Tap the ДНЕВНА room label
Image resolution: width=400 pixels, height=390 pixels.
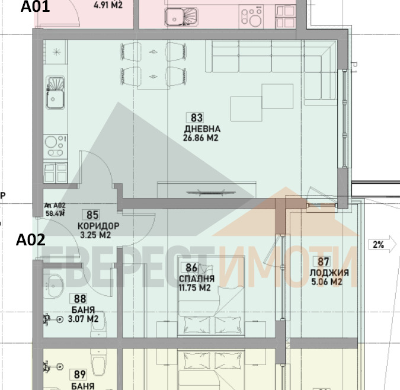coord(202,129)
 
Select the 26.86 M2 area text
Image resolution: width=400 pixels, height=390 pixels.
coord(201,139)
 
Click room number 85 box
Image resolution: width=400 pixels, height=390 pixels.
coord(93,215)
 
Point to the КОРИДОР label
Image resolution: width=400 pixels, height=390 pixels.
coord(98,226)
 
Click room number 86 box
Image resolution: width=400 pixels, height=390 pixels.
coord(191,268)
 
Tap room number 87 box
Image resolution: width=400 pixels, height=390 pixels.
coord(324,262)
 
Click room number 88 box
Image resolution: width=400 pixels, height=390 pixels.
coord(78,299)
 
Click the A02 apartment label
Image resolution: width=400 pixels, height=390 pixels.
coord(30,240)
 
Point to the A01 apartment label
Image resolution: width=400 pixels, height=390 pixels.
coord(36,8)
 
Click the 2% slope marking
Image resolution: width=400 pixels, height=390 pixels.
coord(377,244)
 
